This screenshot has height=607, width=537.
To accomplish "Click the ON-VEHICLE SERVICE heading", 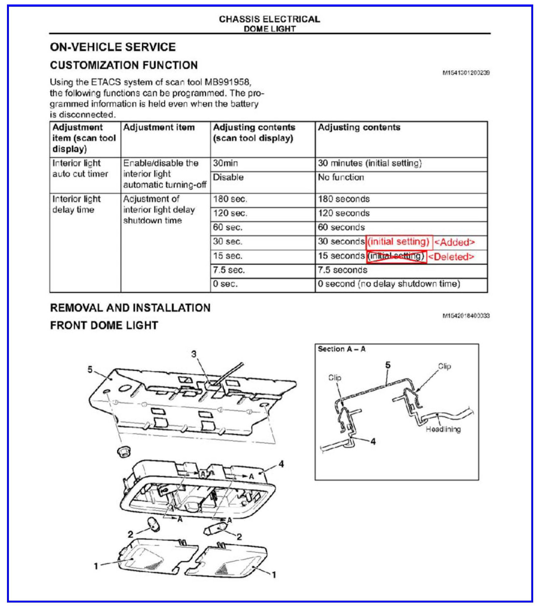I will pyautogui.click(x=113, y=47).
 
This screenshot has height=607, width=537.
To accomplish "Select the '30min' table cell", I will pyautogui.click(x=226, y=163).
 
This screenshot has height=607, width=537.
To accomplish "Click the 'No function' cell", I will pyautogui.click(x=341, y=177).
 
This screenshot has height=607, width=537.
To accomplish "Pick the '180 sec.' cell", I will pyautogui.click(x=230, y=199).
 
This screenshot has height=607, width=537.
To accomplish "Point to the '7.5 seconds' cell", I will pyautogui.click(x=343, y=270).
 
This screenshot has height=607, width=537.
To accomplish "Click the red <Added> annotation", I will pyautogui.click(x=454, y=243).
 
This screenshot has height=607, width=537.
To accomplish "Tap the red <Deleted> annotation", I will pyautogui.click(x=451, y=257).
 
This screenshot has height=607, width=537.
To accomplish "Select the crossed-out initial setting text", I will pyautogui.click(x=396, y=256).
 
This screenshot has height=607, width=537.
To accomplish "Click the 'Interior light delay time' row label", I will pyautogui.click(x=76, y=204).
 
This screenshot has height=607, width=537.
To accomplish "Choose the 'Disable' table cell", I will pyautogui.click(x=228, y=177).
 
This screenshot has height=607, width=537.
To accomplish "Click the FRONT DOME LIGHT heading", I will pyautogui.click(x=104, y=325).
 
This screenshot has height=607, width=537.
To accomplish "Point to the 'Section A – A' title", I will pyautogui.click(x=342, y=349).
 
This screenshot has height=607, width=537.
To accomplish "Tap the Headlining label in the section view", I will pyautogui.click(x=443, y=429).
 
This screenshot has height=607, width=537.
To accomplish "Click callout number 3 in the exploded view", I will pyautogui.click(x=194, y=354).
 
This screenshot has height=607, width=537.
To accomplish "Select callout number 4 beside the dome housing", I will pyautogui.click(x=281, y=464).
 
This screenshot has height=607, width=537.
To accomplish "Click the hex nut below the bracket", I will pyautogui.click(x=123, y=451).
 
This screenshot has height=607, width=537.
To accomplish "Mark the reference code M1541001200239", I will pyautogui.click(x=466, y=73).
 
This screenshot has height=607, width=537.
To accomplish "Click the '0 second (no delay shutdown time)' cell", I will pyautogui.click(x=389, y=284).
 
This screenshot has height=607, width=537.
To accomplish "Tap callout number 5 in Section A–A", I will pyautogui.click(x=387, y=365).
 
